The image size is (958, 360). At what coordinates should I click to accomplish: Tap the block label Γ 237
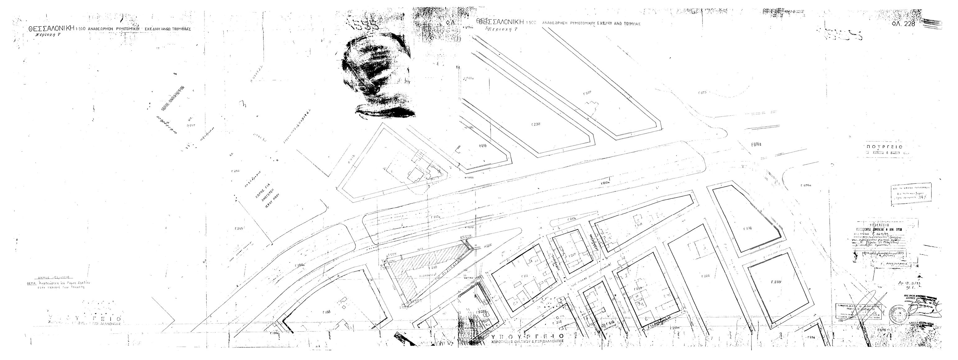[x=588, y=93]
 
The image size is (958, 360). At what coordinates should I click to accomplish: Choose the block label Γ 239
[x=783, y=282]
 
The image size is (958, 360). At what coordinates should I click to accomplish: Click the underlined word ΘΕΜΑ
[x=31, y=283]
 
